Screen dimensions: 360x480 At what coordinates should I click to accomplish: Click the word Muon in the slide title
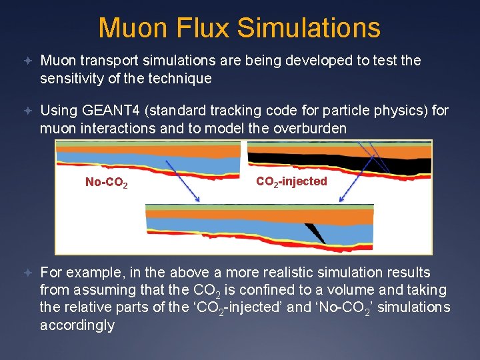[131, 28]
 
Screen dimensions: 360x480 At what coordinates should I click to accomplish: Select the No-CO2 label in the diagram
[107, 182]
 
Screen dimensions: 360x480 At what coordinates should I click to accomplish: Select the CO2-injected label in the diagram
[291, 181]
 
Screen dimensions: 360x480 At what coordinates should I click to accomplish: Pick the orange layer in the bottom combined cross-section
[260, 216]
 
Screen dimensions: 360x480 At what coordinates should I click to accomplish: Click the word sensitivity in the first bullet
[73, 78]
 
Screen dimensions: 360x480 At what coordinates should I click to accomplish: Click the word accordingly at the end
[77, 325]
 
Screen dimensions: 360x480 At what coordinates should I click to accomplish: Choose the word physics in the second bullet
[374, 110]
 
